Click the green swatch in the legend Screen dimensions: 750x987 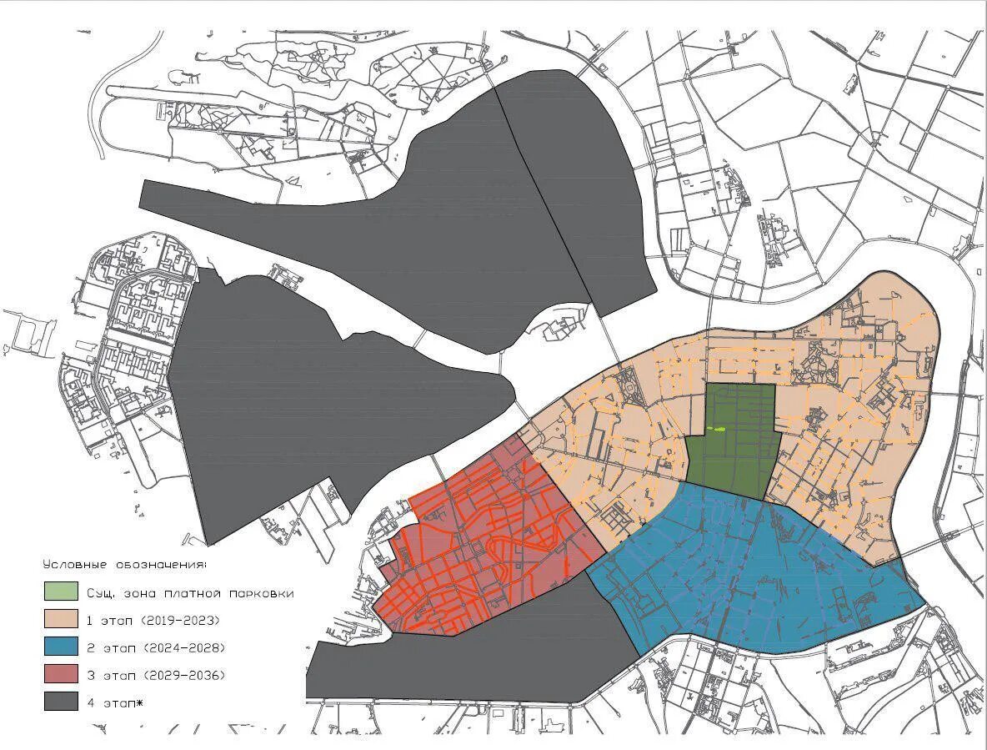coord(62,591)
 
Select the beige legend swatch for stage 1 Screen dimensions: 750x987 coord(62,619)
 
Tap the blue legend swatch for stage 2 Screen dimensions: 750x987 coord(62,647)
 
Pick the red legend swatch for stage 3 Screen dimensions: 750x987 coord(62,674)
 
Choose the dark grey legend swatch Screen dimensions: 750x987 coord(62,702)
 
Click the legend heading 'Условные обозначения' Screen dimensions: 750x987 coord(125,565)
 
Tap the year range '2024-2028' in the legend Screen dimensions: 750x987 coord(183,648)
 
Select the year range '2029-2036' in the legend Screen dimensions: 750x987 coord(183,675)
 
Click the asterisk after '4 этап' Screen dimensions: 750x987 coord(140,702)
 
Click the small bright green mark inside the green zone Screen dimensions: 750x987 coord(717,429)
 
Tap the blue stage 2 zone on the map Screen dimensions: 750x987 coord(750,576)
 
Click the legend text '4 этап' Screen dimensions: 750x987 coord(110,702)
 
